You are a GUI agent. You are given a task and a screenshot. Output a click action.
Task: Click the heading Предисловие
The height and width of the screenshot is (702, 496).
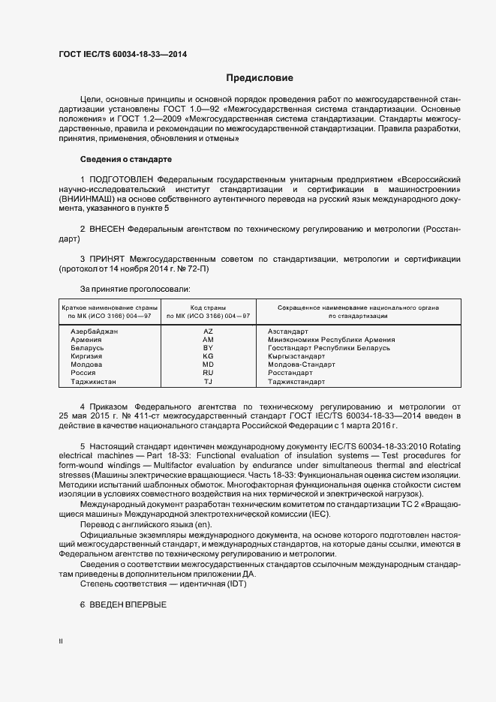click(260, 78)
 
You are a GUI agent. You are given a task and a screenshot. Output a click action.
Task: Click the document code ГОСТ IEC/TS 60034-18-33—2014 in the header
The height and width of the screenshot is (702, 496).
click(122, 55)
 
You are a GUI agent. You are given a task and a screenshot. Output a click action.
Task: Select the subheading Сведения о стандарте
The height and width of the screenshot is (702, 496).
click(125, 160)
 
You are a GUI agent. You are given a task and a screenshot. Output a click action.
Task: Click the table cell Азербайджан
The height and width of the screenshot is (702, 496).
click(95, 331)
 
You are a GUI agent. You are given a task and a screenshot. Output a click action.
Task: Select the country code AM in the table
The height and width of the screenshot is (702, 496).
click(209, 340)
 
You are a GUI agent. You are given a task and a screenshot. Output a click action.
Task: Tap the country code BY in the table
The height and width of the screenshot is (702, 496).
click(209, 348)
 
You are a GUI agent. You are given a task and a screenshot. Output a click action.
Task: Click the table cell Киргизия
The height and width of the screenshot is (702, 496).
click(86, 356)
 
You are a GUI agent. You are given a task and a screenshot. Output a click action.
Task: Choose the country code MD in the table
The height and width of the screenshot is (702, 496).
click(209, 364)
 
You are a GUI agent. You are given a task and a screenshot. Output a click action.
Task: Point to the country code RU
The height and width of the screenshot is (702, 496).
click(209, 373)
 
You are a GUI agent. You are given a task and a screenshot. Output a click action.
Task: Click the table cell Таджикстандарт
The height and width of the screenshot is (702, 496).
click(296, 381)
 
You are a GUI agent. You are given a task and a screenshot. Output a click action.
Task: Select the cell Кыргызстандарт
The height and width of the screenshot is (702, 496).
click(295, 356)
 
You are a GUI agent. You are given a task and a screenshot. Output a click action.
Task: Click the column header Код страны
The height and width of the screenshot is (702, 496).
click(209, 307)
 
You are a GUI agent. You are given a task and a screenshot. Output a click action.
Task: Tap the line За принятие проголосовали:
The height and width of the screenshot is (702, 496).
click(135, 289)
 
